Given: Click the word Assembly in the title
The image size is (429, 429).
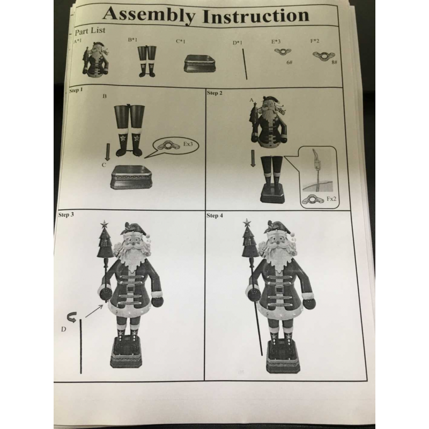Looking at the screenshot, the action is point(149,15).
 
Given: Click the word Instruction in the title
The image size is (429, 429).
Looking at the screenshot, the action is point(256,16).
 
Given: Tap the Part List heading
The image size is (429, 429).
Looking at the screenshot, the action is point(90,31).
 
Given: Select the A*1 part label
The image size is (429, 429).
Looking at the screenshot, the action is point(78,42).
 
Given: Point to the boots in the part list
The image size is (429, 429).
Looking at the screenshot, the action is point(147,61).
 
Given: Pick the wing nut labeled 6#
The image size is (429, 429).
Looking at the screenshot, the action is point(283,51).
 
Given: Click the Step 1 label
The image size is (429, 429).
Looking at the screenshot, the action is point(76,90).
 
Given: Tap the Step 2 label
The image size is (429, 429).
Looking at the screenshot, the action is point(215,93).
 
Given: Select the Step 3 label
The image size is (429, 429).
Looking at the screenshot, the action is point(66,214).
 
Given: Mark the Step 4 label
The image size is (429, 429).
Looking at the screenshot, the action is point(215,216).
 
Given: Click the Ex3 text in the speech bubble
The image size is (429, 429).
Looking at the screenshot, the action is point(188,144).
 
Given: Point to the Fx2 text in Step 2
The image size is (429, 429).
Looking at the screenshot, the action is point(331,199).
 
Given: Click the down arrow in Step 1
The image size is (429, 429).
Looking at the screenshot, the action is point(108,152).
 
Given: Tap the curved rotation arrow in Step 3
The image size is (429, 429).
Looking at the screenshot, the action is point(72,317).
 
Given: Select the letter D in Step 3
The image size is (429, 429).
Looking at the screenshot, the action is point(63,329).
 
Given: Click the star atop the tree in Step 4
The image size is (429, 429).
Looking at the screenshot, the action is point(247,223).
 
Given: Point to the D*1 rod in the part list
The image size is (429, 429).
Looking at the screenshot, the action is point(245,64).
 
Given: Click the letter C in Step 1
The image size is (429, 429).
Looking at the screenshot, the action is point(103,165).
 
